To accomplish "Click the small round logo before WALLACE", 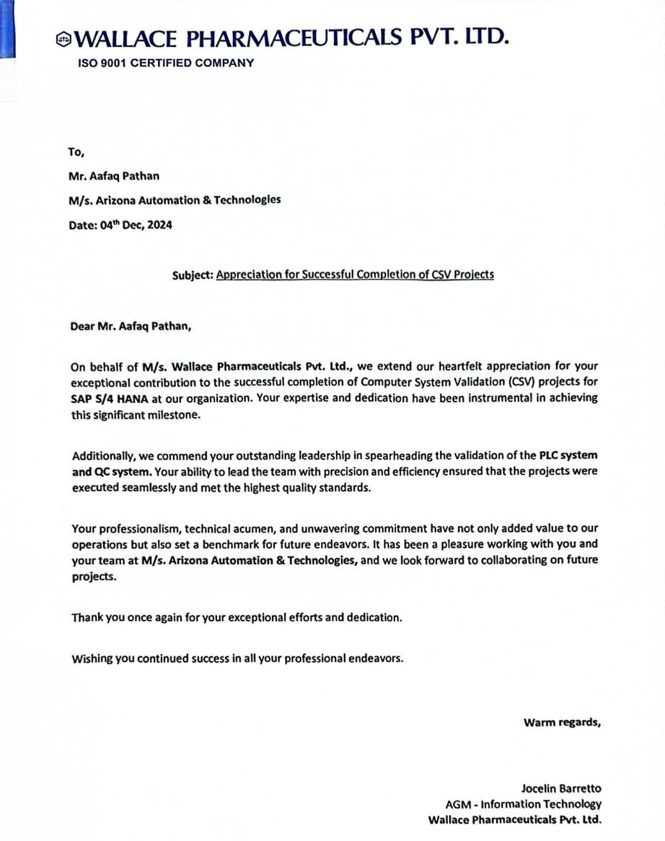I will [x=63, y=39].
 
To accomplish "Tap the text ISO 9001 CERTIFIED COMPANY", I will [x=166, y=63].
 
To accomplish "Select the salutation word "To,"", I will [x=76, y=151].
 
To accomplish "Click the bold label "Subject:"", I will [x=193, y=275].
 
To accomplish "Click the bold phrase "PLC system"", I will [x=568, y=455].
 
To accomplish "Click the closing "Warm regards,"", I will [x=562, y=722].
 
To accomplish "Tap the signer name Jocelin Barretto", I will [x=560, y=788].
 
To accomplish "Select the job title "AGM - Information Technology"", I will [x=523, y=804].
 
